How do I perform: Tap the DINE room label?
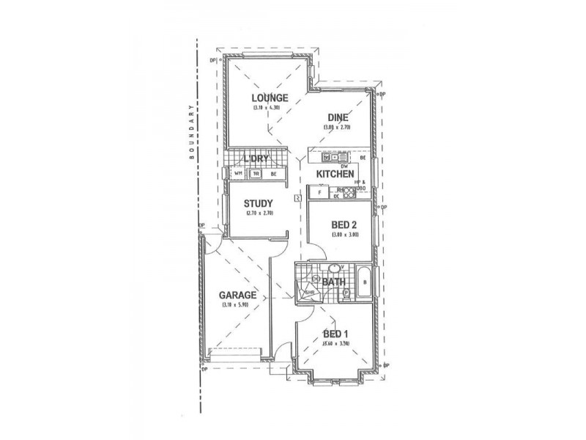click(x=338, y=117)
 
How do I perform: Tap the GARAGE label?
click(x=237, y=296)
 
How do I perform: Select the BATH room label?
click(x=334, y=281)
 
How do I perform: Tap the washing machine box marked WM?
click(x=237, y=174)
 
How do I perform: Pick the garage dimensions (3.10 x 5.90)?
click(x=237, y=305)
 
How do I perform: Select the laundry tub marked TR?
click(x=256, y=174)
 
